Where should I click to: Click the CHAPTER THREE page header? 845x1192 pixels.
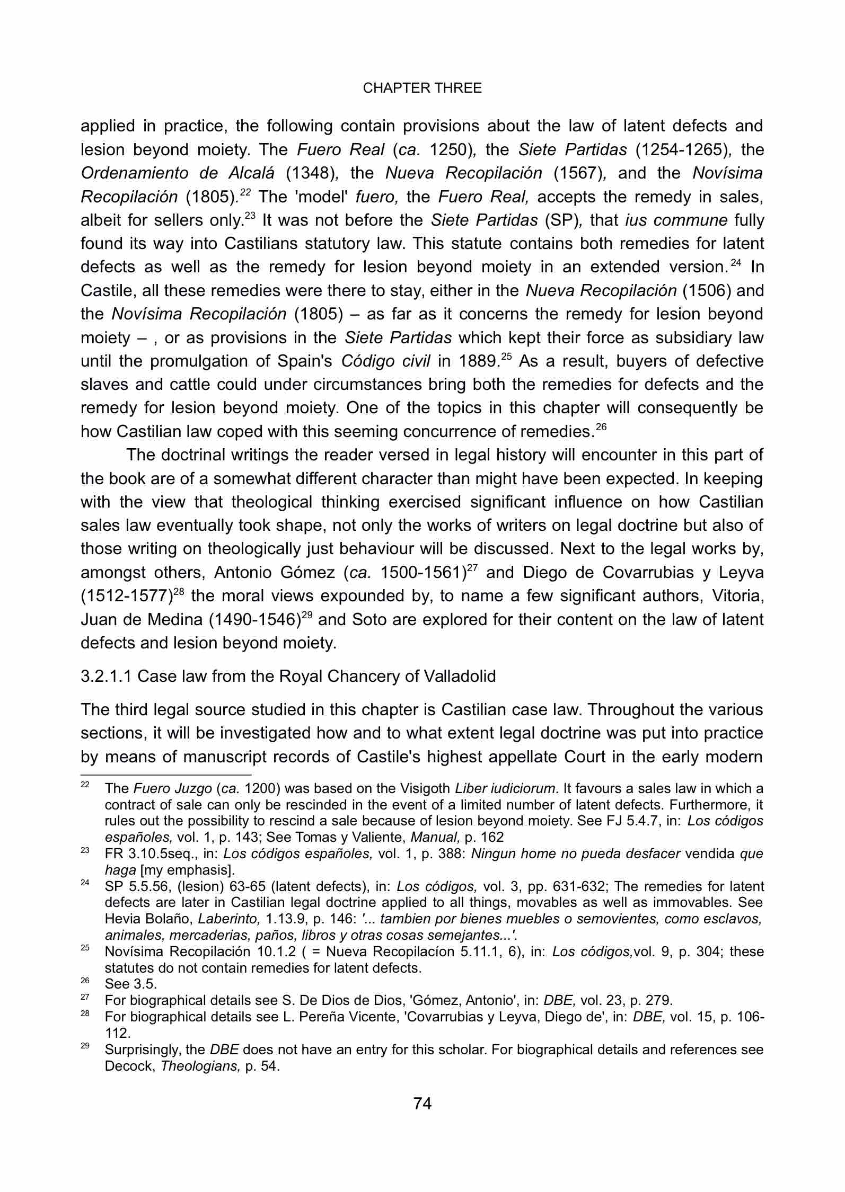click(x=422, y=88)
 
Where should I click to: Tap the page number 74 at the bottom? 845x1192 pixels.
click(x=422, y=1104)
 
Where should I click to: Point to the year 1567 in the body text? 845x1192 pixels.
click(x=577, y=173)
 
